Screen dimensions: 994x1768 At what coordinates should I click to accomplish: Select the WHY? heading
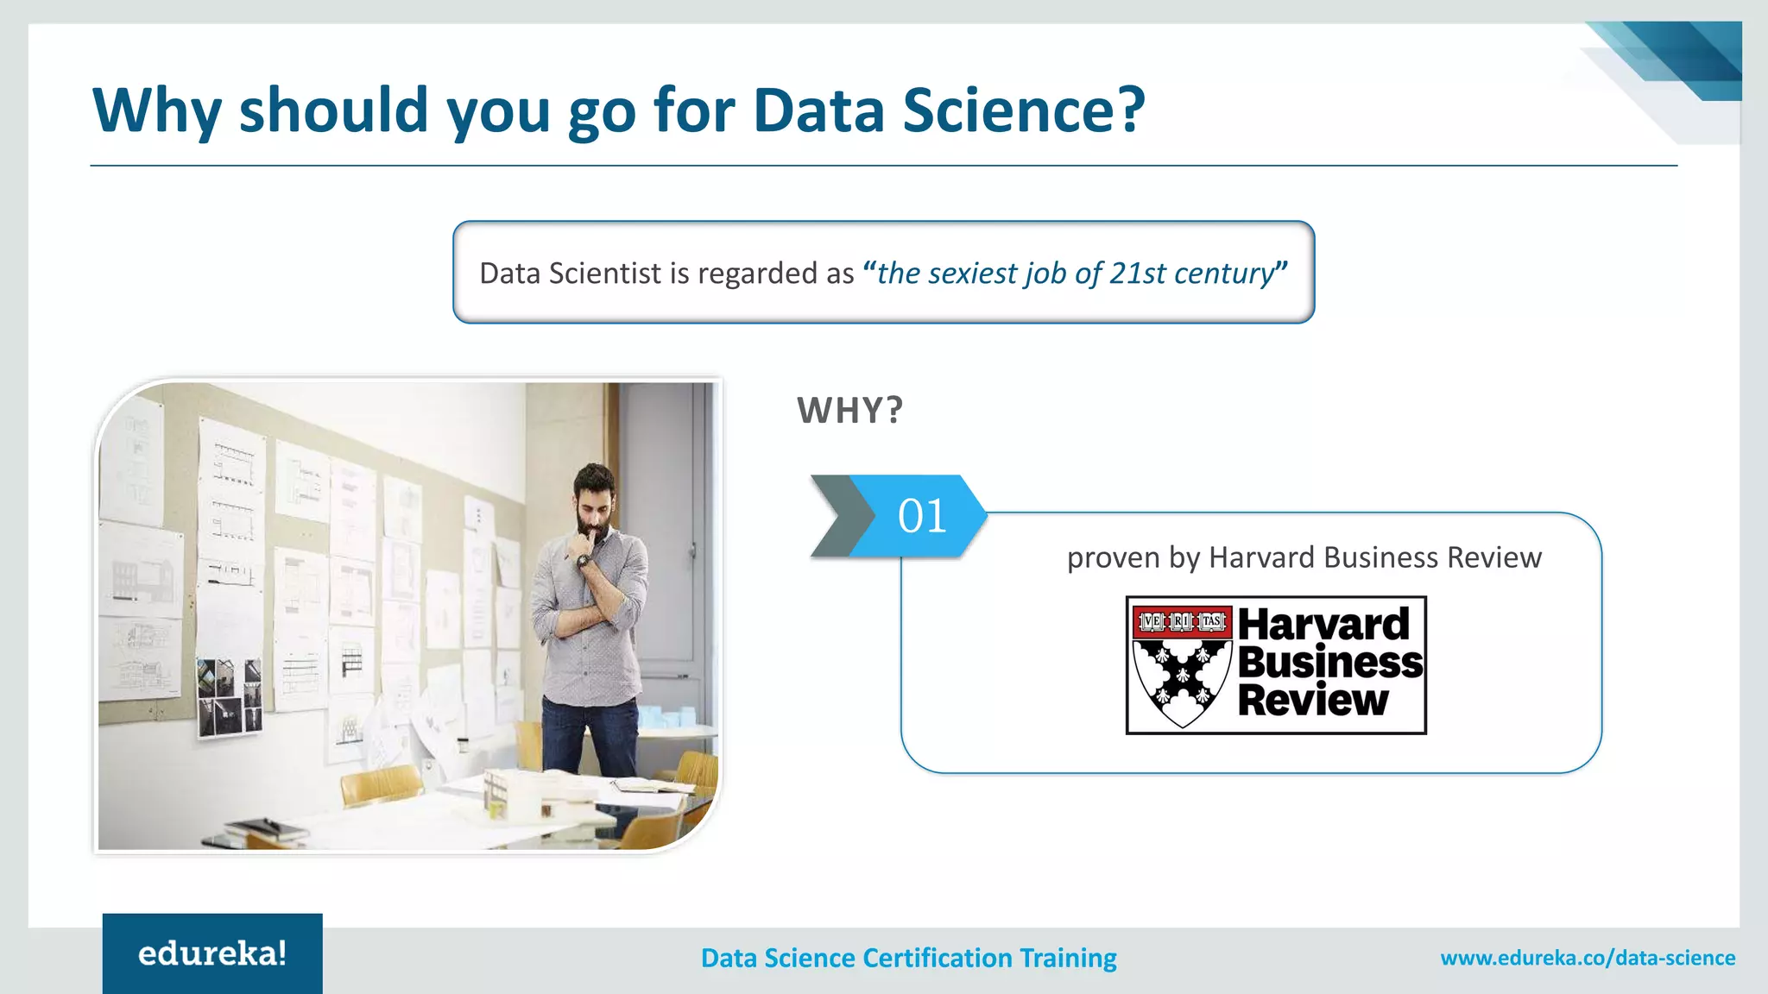click(x=849, y=411)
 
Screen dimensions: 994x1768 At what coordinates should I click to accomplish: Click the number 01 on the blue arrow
click(x=922, y=516)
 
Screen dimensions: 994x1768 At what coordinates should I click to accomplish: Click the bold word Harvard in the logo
click(x=1323, y=624)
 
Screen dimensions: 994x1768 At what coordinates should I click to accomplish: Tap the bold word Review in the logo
click(x=1313, y=700)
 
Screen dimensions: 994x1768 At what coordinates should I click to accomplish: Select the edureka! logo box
click(x=212, y=953)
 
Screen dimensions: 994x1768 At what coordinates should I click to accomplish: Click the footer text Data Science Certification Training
click(x=908, y=958)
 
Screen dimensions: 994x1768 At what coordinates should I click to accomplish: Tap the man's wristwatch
click(x=584, y=562)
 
